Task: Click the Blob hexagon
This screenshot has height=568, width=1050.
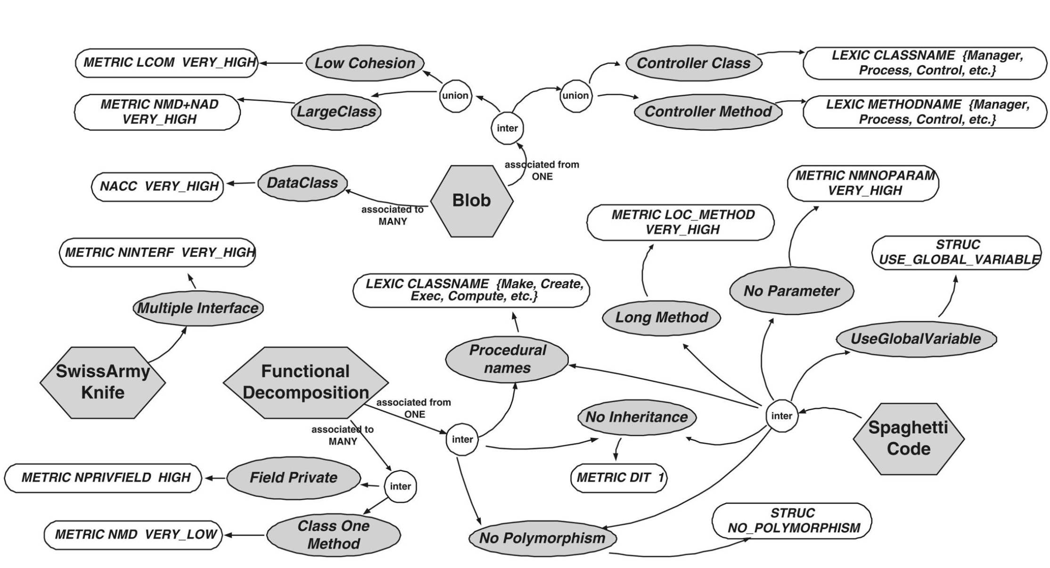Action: coord(472,201)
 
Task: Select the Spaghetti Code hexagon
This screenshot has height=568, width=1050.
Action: coord(909,438)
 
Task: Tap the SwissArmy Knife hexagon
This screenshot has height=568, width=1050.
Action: coord(103,382)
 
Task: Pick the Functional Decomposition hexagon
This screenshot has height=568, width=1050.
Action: coord(305,382)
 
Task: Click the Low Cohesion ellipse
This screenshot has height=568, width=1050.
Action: coord(365,63)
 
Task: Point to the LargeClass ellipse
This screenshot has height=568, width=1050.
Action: coord(336,112)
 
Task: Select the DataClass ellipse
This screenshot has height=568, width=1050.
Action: coord(302,183)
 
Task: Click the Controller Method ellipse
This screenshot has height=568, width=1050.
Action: coord(708,112)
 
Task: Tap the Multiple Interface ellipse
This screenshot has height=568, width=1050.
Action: coord(198,308)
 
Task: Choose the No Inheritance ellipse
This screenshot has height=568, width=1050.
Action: coord(636,417)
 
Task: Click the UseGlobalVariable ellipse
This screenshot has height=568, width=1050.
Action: coord(916,339)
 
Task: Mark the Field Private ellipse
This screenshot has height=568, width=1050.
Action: coord(293,478)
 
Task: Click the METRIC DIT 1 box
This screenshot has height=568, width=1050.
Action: coord(619,478)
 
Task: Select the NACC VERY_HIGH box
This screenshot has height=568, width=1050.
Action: coord(157,187)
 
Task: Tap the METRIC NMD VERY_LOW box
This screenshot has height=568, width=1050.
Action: coord(133,535)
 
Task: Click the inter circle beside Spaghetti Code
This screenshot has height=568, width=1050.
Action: coord(781,416)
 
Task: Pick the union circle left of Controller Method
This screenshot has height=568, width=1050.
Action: coord(575,96)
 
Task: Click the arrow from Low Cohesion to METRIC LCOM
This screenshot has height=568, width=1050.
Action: coord(282,63)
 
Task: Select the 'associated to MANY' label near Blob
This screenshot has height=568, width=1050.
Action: coord(392,215)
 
